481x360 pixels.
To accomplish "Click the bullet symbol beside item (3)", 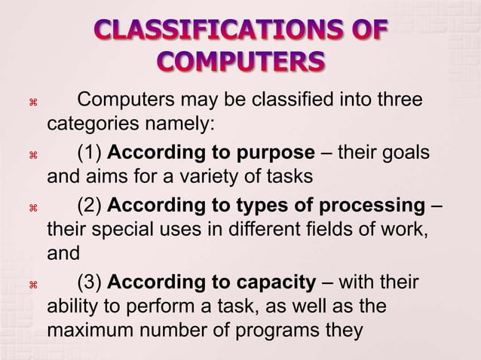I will point(33,285).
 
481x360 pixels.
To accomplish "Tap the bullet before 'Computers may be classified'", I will point(33,102).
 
